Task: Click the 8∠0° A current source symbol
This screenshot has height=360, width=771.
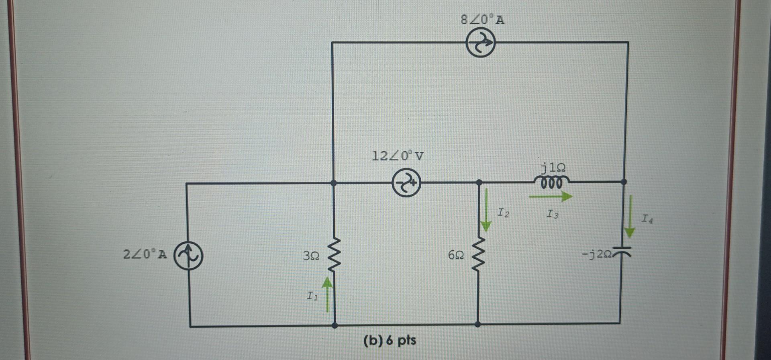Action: [x=480, y=43]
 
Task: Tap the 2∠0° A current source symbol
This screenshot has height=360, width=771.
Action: [x=188, y=255]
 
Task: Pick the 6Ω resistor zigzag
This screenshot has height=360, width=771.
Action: [x=478, y=254]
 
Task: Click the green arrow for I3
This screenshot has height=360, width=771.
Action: [x=551, y=196]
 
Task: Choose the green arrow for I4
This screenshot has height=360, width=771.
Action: [x=630, y=217]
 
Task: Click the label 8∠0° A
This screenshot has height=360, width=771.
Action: [x=483, y=20]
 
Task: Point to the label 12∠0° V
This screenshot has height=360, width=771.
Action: [x=398, y=155]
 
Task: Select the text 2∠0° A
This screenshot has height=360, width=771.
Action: [x=145, y=254]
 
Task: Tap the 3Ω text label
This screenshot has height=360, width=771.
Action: [x=312, y=256]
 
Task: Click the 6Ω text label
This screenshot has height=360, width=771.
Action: [x=456, y=255]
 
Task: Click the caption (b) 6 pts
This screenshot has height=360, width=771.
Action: [x=390, y=341]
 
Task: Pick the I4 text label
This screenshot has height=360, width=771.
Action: [x=647, y=219]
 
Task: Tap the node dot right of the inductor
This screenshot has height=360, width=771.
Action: [x=623, y=182]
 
